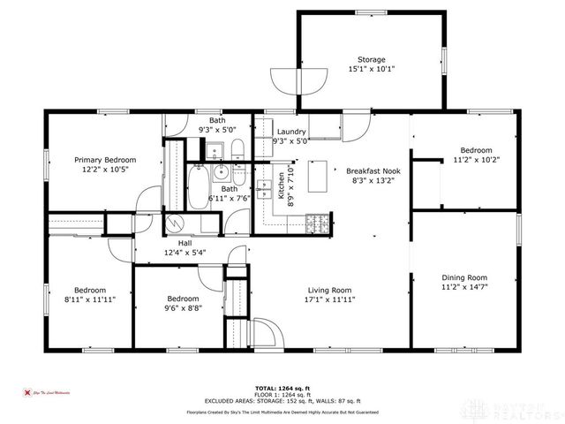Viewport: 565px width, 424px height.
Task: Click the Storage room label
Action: tap(371, 60)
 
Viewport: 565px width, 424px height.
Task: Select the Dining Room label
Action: tap(463, 277)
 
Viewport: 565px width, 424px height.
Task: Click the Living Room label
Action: tap(329, 290)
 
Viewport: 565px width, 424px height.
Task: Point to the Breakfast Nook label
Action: tap(373, 170)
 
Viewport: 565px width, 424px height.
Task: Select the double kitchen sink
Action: tap(264, 189)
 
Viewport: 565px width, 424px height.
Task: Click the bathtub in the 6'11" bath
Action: tap(198, 187)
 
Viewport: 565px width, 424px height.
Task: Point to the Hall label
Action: tap(185, 243)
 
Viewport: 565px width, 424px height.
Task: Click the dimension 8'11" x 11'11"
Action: tap(89, 299)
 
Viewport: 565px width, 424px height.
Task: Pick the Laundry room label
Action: tap(290, 132)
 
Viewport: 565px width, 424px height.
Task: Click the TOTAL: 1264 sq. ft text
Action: tap(282, 388)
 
